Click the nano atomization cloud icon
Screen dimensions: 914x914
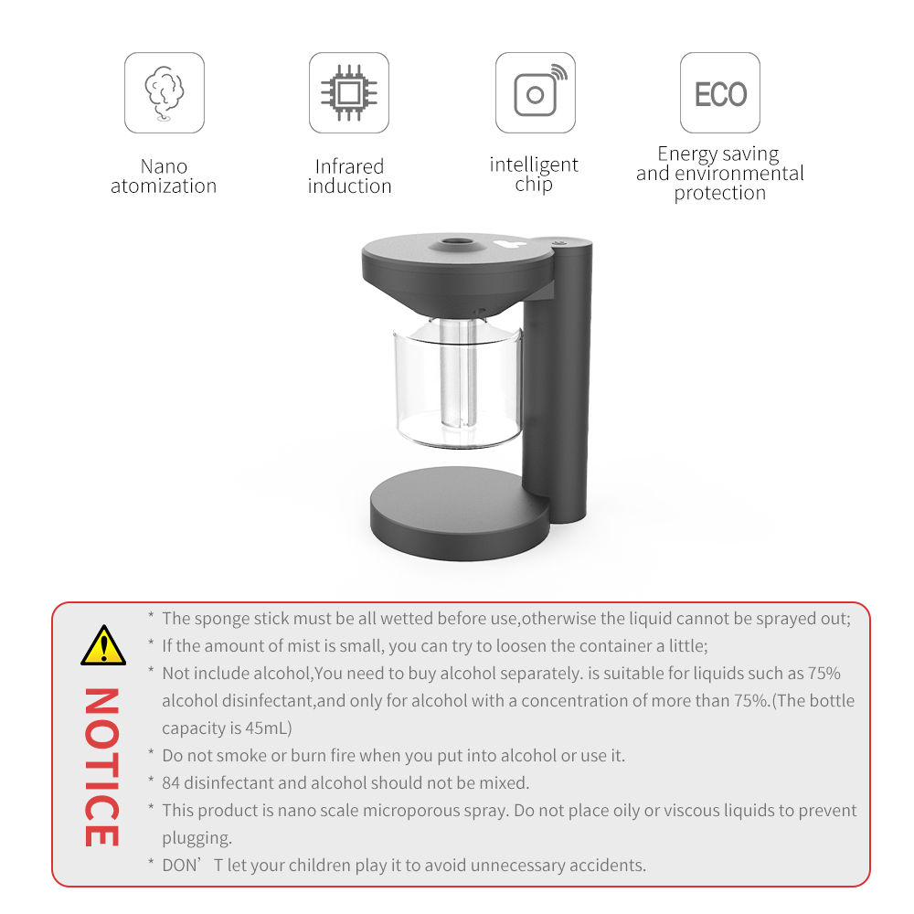tap(164, 93)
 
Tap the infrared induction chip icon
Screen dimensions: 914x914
tap(349, 93)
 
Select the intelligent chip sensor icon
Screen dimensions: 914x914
tap(540, 90)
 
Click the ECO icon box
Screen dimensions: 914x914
tap(720, 92)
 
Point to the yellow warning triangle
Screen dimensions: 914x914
tap(103, 645)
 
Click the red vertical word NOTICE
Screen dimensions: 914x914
tap(102, 767)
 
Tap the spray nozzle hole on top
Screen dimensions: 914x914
tap(456, 242)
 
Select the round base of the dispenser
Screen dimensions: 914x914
tap(460, 513)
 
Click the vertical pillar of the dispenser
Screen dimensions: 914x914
tap(558, 379)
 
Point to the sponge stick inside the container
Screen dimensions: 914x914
tap(458, 373)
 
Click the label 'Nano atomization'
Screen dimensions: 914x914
tap(164, 176)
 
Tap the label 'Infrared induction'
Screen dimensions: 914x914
tap(350, 176)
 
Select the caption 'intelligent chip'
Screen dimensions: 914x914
tap(534, 175)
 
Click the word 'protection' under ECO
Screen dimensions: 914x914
tap(720, 193)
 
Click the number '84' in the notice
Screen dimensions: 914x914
tap(171, 783)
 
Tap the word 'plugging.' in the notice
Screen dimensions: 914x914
tap(197, 838)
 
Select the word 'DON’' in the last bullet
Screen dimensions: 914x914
tap(181, 865)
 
